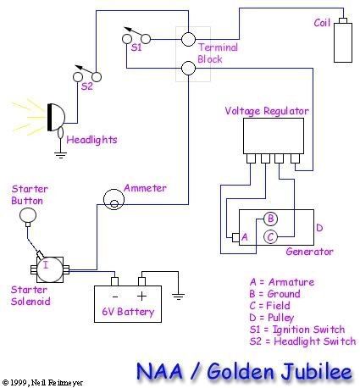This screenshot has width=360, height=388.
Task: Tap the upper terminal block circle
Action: [188, 39]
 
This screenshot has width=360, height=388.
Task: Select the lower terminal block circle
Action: [188, 68]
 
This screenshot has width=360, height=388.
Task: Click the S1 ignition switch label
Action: [136, 47]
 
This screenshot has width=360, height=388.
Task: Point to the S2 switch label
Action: [86, 86]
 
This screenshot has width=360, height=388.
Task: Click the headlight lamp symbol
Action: [56, 117]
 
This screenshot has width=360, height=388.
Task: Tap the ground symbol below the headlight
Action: [60, 155]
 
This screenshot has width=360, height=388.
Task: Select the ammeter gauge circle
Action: [114, 199]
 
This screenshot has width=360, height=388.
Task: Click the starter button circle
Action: [28, 215]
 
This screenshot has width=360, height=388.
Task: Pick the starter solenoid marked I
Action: [50, 269]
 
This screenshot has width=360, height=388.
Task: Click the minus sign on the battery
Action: [115, 297]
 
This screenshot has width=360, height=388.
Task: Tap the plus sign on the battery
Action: [141, 296]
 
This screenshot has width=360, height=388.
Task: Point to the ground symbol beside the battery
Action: [178, 297]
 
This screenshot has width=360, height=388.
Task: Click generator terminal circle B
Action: [270, 219]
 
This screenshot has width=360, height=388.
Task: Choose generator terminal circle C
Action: [270, 236]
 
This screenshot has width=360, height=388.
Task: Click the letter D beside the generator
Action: [319, 228]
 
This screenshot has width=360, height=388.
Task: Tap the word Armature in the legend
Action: [291, 282]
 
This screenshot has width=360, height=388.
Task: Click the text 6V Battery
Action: [128, 312]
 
